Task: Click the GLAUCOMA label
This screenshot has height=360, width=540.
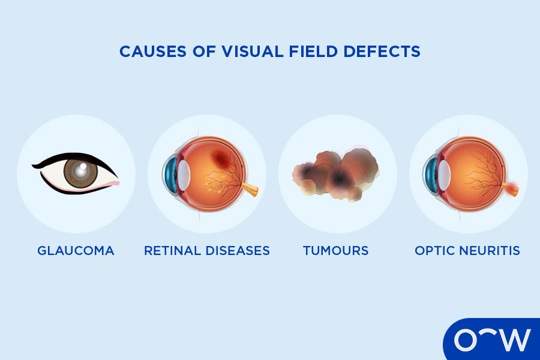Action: click(x=76, y=251)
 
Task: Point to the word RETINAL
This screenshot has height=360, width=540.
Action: click(x=173, y=251)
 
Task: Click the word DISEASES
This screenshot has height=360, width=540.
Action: click(x=238, y=251)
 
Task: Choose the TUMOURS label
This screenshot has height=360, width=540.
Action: click(x=335, y=251)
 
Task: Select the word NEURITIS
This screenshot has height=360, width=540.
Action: click(x=491, y=251)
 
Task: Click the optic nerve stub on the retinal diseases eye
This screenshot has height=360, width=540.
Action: click(x=252, y=191)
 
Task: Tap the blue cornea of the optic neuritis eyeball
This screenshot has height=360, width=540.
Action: click(x=430, y=174)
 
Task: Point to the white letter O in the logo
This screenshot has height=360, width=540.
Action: click(x=466, y=340)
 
